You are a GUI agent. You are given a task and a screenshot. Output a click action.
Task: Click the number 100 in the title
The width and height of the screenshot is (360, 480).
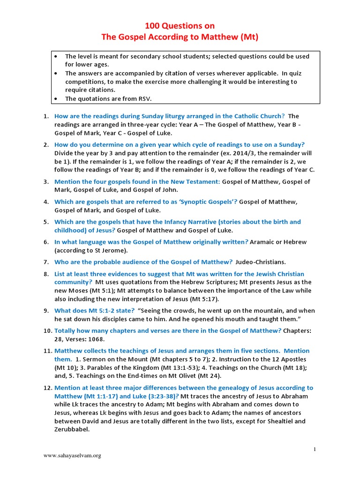152,26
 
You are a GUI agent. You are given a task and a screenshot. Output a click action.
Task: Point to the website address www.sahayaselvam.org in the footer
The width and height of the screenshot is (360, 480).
72,455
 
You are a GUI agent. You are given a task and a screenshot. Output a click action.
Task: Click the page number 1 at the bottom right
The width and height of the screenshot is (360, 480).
315,450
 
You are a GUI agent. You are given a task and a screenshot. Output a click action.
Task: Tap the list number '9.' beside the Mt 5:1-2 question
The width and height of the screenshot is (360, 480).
46,311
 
